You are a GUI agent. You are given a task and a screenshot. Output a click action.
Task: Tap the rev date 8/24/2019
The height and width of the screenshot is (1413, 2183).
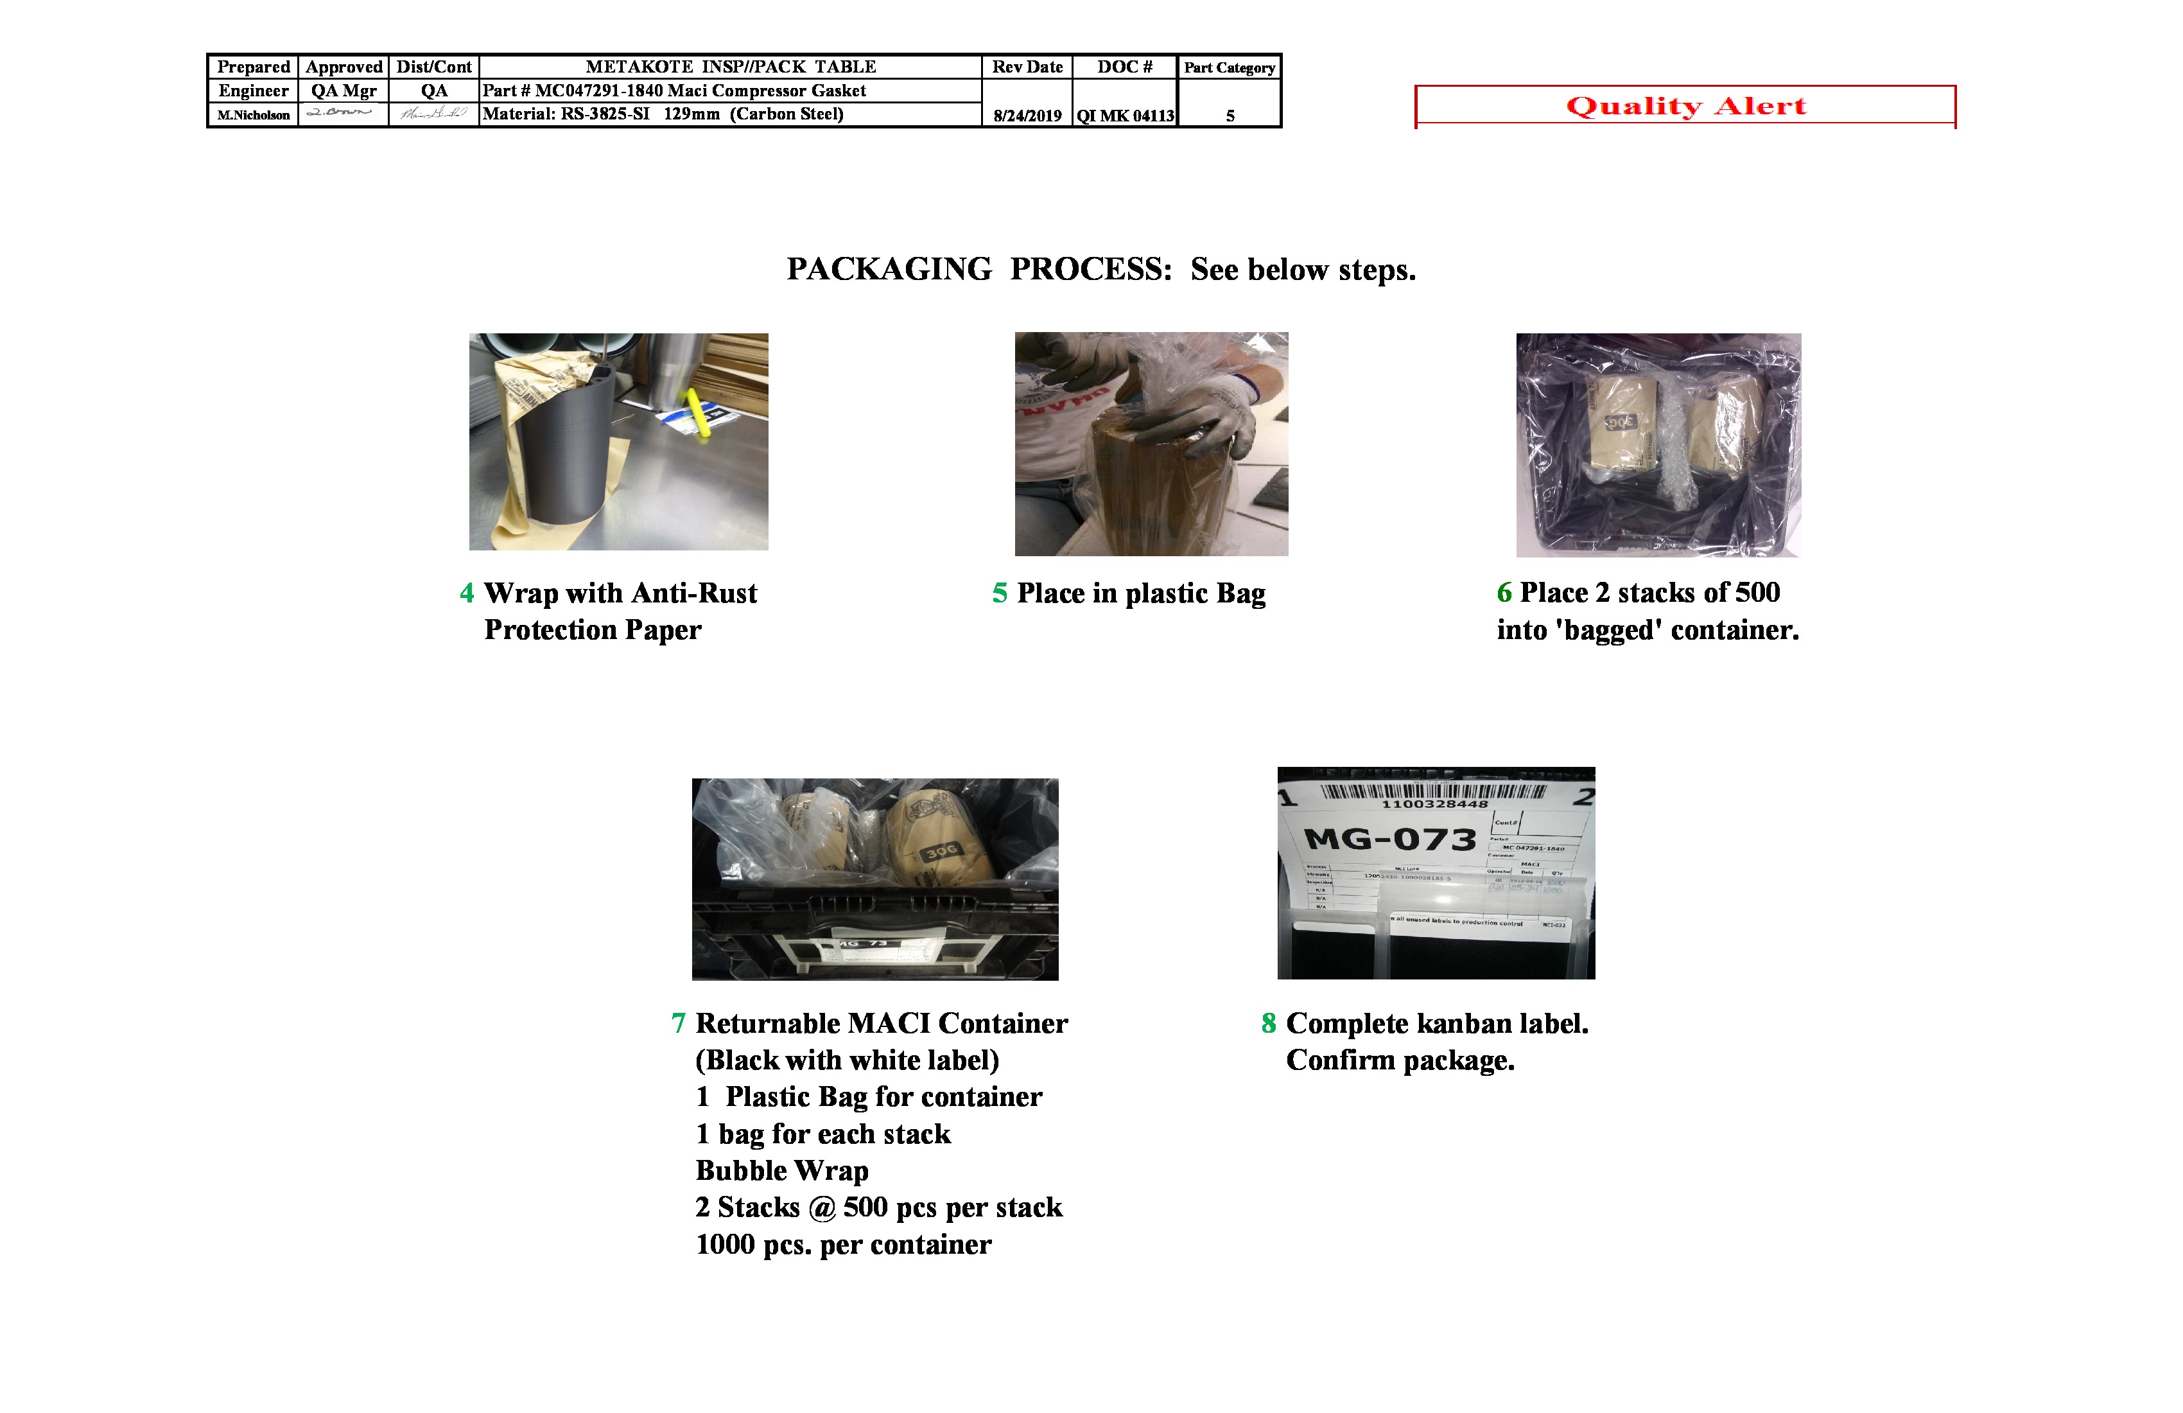(x=1027, y=116)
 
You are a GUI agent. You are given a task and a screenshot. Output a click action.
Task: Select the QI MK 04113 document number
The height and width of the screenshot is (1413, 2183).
(x=1126, y=116)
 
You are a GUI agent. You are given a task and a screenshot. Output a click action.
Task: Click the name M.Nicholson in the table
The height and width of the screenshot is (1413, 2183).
(x=253, y=115)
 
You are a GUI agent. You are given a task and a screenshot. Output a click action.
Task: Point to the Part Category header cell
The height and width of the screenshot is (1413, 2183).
(x=1229, y=67)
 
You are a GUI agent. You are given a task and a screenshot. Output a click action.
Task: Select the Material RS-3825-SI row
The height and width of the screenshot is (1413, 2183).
(x=662, y=114)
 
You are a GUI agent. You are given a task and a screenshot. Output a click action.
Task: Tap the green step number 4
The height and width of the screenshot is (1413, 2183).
(x=467, y=593)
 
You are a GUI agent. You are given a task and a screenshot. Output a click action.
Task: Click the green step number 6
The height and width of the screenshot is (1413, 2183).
(x=1504, y=593)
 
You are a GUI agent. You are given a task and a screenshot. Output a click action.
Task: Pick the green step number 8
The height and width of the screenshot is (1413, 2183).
(x=1269, y=1023)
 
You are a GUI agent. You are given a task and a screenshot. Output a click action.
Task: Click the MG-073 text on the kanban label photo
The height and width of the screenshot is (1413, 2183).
(x=1389, y=839)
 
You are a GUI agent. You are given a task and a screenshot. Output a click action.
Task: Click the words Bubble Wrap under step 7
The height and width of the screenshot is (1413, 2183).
(x=781, y=1171)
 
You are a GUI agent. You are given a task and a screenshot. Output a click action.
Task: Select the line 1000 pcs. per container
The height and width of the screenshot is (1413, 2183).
(x=843, y=1245)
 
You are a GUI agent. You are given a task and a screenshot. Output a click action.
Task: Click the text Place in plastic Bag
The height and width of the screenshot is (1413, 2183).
(x=1140, y=593)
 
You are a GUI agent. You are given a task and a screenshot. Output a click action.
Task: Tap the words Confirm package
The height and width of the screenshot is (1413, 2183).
(x=1400, y=1060)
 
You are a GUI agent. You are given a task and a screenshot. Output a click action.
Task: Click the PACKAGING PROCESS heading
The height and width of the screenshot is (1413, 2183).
(x=1100, y=270)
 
